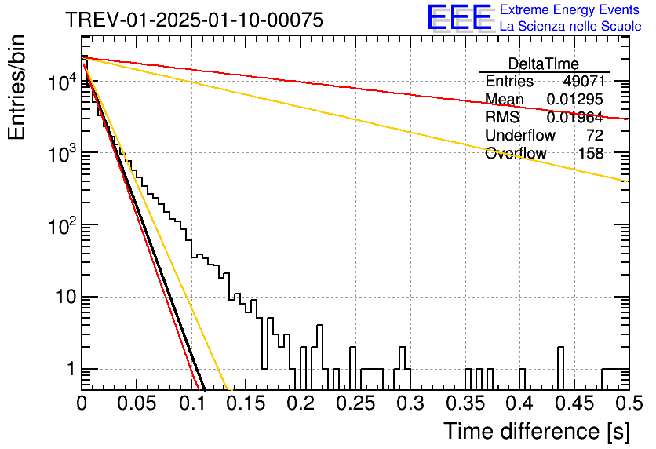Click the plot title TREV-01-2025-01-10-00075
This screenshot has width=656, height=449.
tap(194, 20)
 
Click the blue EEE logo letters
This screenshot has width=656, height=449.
tap(460, 17)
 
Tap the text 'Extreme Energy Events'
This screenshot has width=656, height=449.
tap(570, 9)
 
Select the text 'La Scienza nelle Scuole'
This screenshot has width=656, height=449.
tap(570, 27)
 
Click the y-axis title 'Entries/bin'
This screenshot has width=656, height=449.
tap(16, 87)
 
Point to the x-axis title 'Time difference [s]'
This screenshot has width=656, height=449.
tap(537, 432)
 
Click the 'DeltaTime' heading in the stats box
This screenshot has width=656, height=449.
tap(543, 64)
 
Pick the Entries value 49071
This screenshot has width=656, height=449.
tap(583, 81)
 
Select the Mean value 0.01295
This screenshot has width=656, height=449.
tap(575, 99)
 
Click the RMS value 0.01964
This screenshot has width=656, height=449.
tap(575, 118)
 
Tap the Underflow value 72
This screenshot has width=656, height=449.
tap(595, 135)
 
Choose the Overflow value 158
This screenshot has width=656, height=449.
tap(591, 154)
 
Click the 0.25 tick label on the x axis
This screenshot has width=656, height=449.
tap(355, 403)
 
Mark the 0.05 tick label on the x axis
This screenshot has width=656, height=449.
tap(137, 403)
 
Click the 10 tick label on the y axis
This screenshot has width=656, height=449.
tap(66, 297)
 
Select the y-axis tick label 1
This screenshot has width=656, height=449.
tap(71, 370)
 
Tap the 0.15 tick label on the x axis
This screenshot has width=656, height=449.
tap(246, 403)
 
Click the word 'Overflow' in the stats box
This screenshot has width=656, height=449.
tap(516, 154)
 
